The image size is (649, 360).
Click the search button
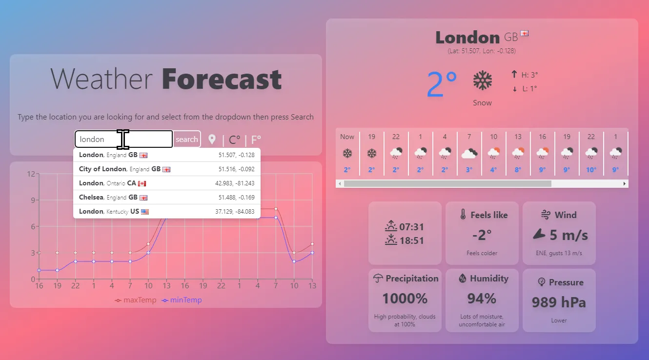pyautogui.click(x=187, y=139)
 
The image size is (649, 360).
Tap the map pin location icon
pyautogui.click(x=212, y=140)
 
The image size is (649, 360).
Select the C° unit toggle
pyautogui.click(x=234, y=140)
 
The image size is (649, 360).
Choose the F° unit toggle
pyautogui.click(x=256, y=140)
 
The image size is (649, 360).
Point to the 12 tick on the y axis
pyautogui.click(x=31, y=174)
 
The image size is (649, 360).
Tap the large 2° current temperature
pyautogui.click(x=442, y=84)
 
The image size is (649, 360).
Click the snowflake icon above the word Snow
pyautogui.click(x=482, y=80)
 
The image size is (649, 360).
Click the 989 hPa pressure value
pyautogui.click(x=559, y=302)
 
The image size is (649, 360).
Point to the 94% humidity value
pyautogui.click(x=482, y=298)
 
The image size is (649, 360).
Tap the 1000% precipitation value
pyautogui.click(x=405, y=298)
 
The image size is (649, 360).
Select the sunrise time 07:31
pyautogui.click(x=411, y=227)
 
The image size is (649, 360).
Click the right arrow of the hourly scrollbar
pyautogui.click(x=625, y=183)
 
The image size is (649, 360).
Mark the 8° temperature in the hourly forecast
pyautogui.click(x=518, y=170)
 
